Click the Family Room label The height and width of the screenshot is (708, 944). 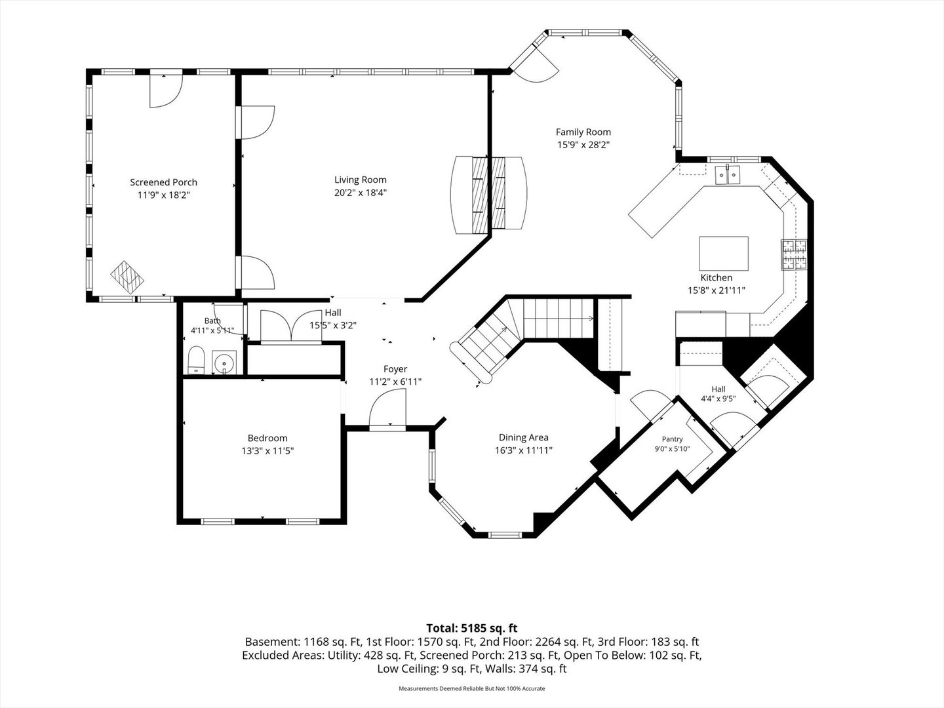click(x=583, y=132)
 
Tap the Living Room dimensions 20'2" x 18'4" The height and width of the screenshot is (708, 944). click(x=361, y=193)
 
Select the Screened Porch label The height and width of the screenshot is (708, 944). click(x=163, y=182)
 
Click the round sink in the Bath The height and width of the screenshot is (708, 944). click(x=224, y=363)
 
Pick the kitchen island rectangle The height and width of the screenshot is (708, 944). click(x=723, y=253)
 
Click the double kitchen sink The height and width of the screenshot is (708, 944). click(x=728, y=175)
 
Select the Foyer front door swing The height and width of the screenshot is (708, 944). click(x=387, y=406)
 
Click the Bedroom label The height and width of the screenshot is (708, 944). click(x=267, y=438)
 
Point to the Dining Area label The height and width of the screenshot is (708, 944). click(x=523, y=438)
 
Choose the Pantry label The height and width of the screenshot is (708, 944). click(x=672, y=439)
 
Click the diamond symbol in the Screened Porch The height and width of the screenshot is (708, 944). click(x=127, y=277)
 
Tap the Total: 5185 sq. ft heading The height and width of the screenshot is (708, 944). click(x=472, y=628)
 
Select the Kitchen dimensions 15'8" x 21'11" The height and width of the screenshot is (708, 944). click(x=716, y=290)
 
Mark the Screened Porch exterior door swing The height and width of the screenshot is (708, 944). click(x=166, y=92)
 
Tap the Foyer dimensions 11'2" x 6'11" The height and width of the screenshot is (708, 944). click(x=395, y=382)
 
